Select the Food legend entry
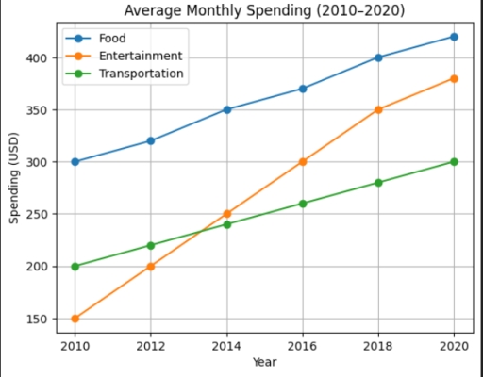click(112, 38)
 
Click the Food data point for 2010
click(75, 161)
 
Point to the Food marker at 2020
click(454, 37)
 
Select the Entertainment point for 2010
click(75, 319)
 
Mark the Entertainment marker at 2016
click(302, 161)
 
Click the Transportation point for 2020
click(454, 161)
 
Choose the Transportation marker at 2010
click(75, 266)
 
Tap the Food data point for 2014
click(226, 109)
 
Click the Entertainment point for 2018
click(378, 109)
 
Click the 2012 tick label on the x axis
click(151, 345)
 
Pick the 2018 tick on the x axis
click(378, 345)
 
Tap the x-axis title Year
click(264, 362)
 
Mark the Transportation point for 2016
click(302, 204)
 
